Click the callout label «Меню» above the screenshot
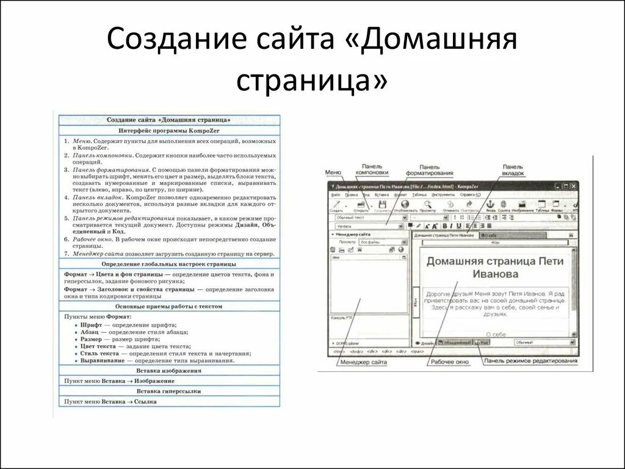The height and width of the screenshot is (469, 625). pos(333,172)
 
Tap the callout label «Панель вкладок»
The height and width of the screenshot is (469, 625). pos(513,169)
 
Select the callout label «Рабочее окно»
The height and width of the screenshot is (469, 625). pos(449,362)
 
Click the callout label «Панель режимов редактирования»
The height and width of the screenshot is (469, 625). pos(530,362)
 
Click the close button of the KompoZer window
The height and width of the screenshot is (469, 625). pos(574,186)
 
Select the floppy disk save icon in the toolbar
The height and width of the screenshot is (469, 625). pos(383,204)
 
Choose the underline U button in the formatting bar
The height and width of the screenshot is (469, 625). pos(458,226)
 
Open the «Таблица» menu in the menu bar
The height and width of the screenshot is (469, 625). pos(419,195)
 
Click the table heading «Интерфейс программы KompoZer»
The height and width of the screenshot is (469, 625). pos(170,131)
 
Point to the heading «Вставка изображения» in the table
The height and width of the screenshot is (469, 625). pos(170,371)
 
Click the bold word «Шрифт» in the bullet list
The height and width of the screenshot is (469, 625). pos(91,325)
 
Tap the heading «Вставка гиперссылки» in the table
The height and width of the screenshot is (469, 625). pos(170,391)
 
